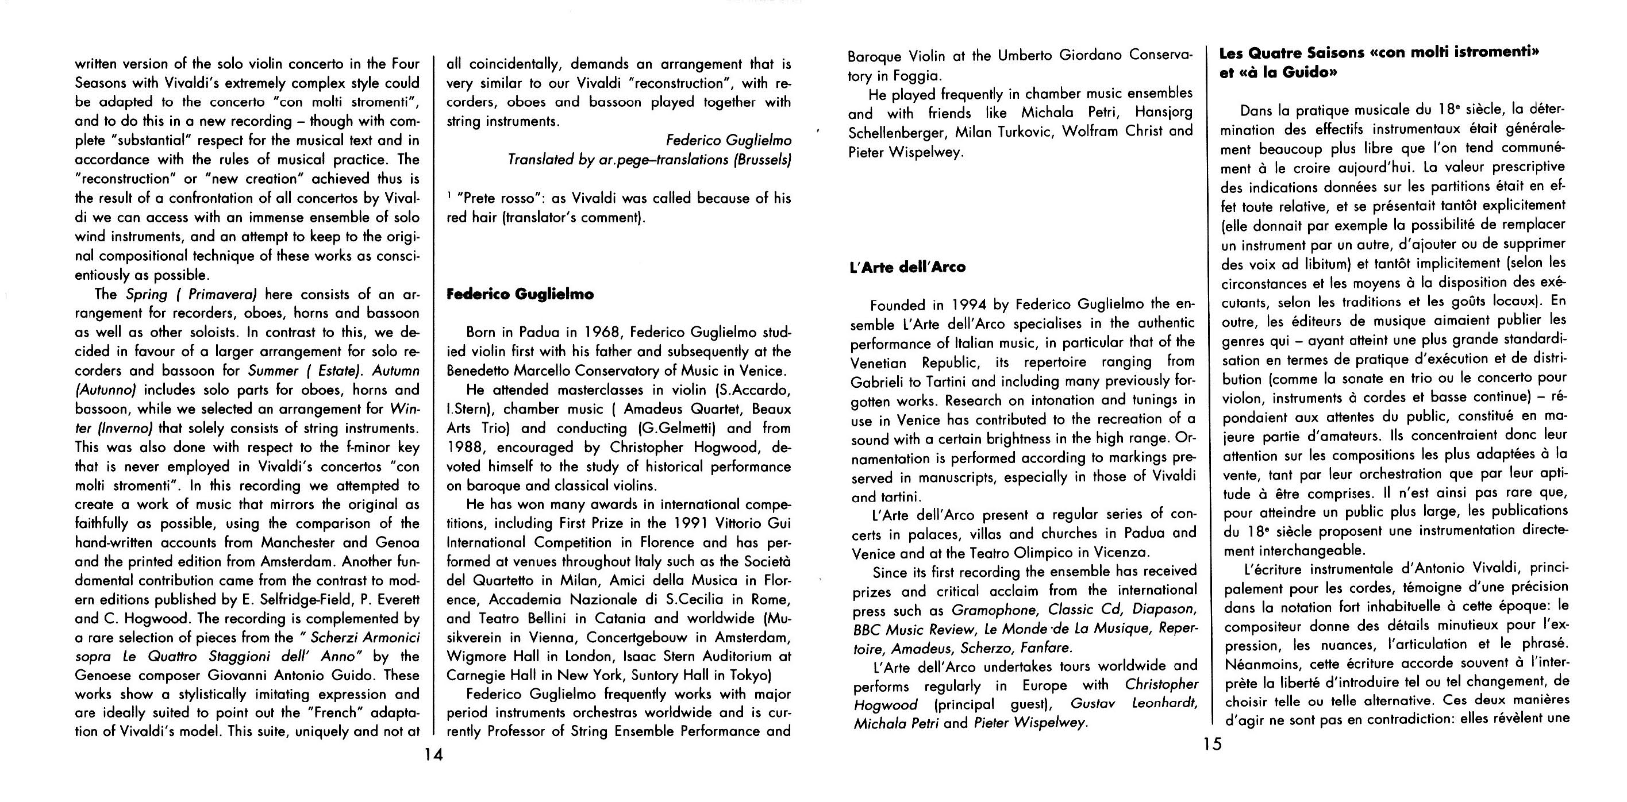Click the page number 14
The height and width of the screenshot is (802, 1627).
(x=434, y=755)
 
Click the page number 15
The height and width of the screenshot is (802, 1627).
(x=1213, y=745)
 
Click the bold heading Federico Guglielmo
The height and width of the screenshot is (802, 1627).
(x=520, y=294)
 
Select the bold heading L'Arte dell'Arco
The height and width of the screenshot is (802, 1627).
(x=907, y=267)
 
